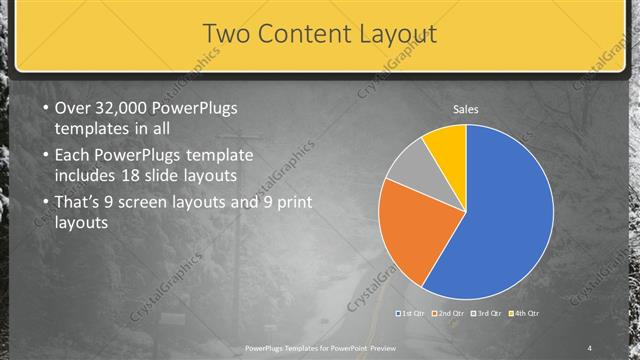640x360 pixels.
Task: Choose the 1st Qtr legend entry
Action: [x=412, y=314]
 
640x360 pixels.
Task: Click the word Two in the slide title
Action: [x=225, y=34]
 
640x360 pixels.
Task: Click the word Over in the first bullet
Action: [x=73, y=108]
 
